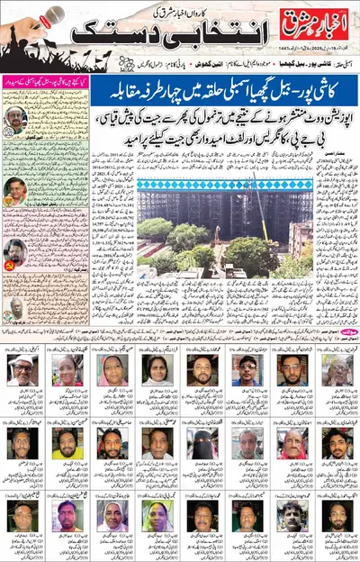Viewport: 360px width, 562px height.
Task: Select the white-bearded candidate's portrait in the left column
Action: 17,122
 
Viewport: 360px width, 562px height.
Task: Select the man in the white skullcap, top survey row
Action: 22,368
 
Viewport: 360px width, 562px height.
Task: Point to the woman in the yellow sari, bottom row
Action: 157,515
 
